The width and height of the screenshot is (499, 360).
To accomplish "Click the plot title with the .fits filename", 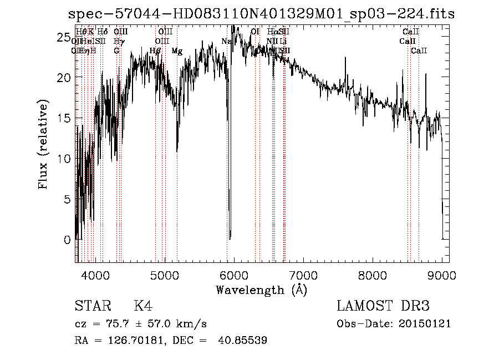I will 261,14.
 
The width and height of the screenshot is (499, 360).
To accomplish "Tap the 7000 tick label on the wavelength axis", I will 303,274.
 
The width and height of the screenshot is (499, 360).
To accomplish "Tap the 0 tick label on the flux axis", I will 67,240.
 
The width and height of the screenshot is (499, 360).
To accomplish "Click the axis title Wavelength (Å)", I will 261,290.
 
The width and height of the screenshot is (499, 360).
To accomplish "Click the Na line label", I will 226,42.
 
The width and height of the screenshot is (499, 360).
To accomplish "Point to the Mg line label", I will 176,51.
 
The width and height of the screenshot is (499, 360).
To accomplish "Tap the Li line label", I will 283,42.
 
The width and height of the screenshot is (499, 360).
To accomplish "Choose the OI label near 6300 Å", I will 255,32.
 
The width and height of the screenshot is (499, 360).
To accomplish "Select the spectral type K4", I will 143,307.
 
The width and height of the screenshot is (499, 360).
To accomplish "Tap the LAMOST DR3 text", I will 383,307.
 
